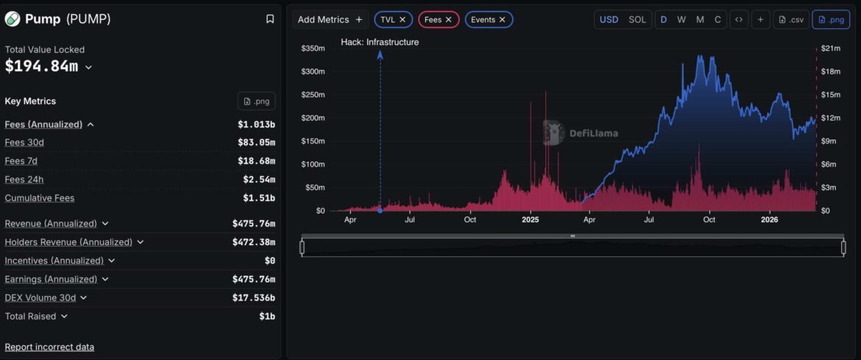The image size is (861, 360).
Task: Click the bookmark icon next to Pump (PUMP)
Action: [x=270, y=19]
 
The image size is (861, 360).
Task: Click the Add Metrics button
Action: [x=330, y=20]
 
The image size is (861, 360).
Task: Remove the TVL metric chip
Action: [x=403, y=20]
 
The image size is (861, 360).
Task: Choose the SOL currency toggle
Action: [x=637, y=20]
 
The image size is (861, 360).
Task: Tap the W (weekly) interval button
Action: [x=681, y=20]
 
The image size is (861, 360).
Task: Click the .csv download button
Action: [x=791, y=20]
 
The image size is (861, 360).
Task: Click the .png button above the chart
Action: [x=831, y=20]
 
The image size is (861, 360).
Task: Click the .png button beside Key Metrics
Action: [x=256, y=101]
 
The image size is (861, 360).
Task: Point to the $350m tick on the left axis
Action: [x=313, y=49]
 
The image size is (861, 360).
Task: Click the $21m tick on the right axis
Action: [x=831, y=49]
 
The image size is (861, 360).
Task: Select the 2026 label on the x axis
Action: [x=769, y=219]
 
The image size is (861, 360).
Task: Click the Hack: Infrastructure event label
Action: [x=380, y=42]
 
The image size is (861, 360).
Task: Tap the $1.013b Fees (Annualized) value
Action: [x=256, y=124]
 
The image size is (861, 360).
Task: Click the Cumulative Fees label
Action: [x=40, y=198]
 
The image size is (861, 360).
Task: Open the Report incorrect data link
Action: [x=49, y=347]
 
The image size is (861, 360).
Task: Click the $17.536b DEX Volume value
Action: [x=253, y=297]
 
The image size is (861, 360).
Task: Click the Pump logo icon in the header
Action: [x=13, y=19]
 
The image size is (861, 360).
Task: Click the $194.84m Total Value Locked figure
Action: [x=41, y=66]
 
